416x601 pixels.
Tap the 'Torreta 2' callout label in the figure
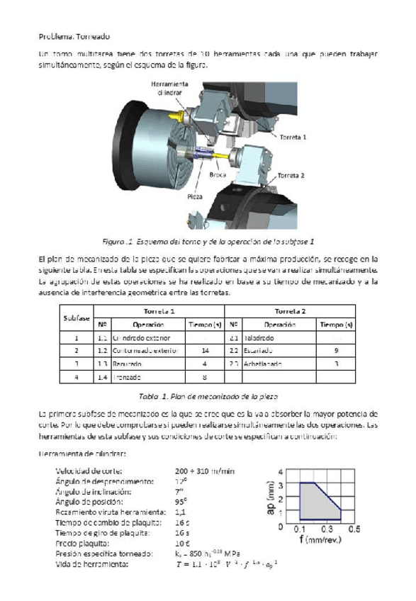pos(291,174)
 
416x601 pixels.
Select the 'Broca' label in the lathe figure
pos(218,173)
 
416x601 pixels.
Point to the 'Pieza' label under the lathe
pos(196,196)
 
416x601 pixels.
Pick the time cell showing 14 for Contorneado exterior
pos(205,350)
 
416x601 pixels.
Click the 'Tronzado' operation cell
pos(128,376)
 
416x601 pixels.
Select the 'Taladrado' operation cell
pos(259,337)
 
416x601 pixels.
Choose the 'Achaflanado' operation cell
pos(263,364)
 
